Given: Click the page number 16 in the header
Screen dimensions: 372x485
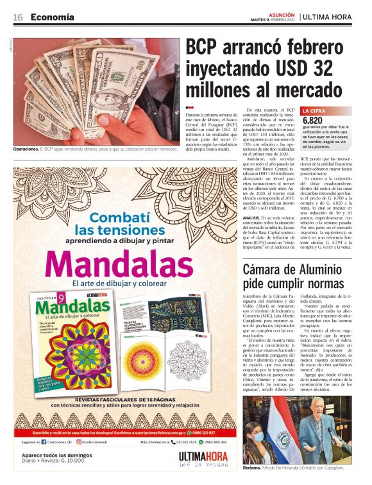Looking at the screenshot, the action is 18,17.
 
